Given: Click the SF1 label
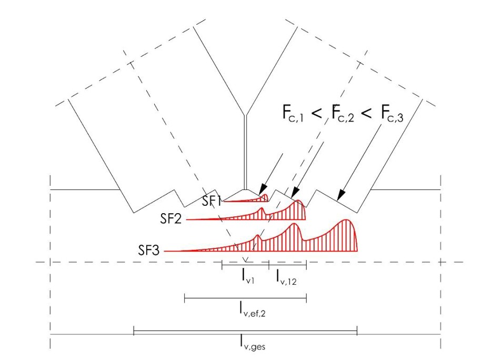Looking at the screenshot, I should click(211, 201).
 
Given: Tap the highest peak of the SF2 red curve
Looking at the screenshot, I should click(299, 202).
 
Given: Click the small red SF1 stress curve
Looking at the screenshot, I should click(247, 199).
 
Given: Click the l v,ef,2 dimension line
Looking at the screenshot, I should click(245, 299).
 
